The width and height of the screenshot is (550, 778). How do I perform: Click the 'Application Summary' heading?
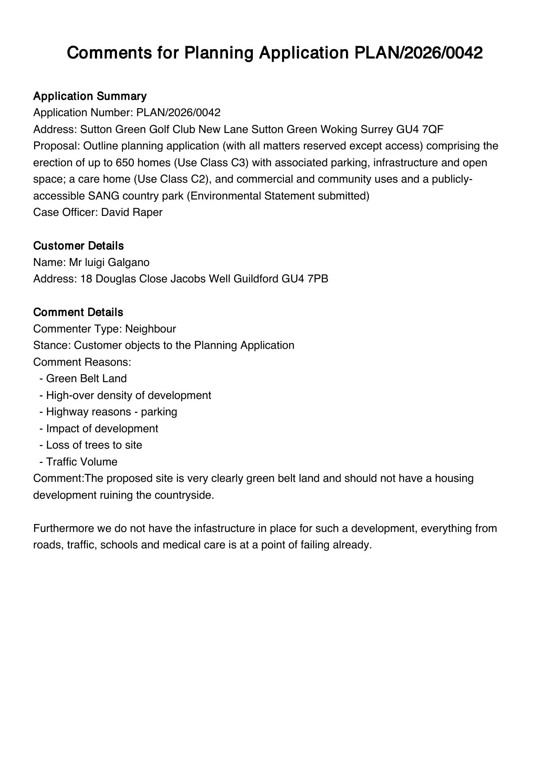(x=90, y=96)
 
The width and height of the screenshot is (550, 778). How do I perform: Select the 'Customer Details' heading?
(x=78, y=246)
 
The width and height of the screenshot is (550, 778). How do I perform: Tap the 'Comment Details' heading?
(x=78, y=312)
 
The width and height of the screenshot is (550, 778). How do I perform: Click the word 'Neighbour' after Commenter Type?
(x=150, y=329)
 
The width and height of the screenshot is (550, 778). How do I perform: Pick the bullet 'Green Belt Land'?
(x=86, y=379)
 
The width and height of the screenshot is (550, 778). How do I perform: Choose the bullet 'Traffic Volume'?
(x=82, y=462)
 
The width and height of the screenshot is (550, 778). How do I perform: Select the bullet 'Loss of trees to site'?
(x=94, y=445)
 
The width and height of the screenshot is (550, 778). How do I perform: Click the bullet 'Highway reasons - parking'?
(x=111, y=412)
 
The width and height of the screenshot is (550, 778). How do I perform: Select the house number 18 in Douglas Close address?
(x=86, y=279)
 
